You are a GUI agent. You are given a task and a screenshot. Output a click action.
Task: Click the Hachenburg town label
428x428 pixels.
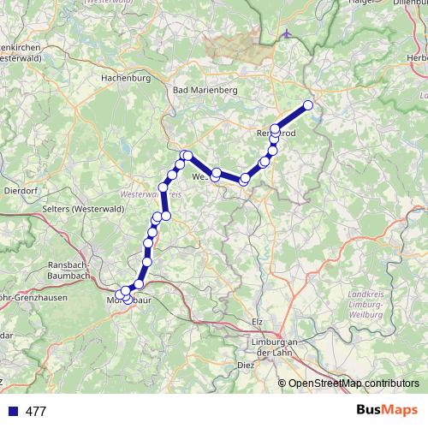[126, 77]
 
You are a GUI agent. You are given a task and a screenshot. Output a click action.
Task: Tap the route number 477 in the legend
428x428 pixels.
[36, 411]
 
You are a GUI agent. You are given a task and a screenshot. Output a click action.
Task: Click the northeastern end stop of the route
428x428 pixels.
[308, 105]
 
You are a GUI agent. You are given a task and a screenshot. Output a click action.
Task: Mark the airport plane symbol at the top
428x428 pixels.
[286, 36]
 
